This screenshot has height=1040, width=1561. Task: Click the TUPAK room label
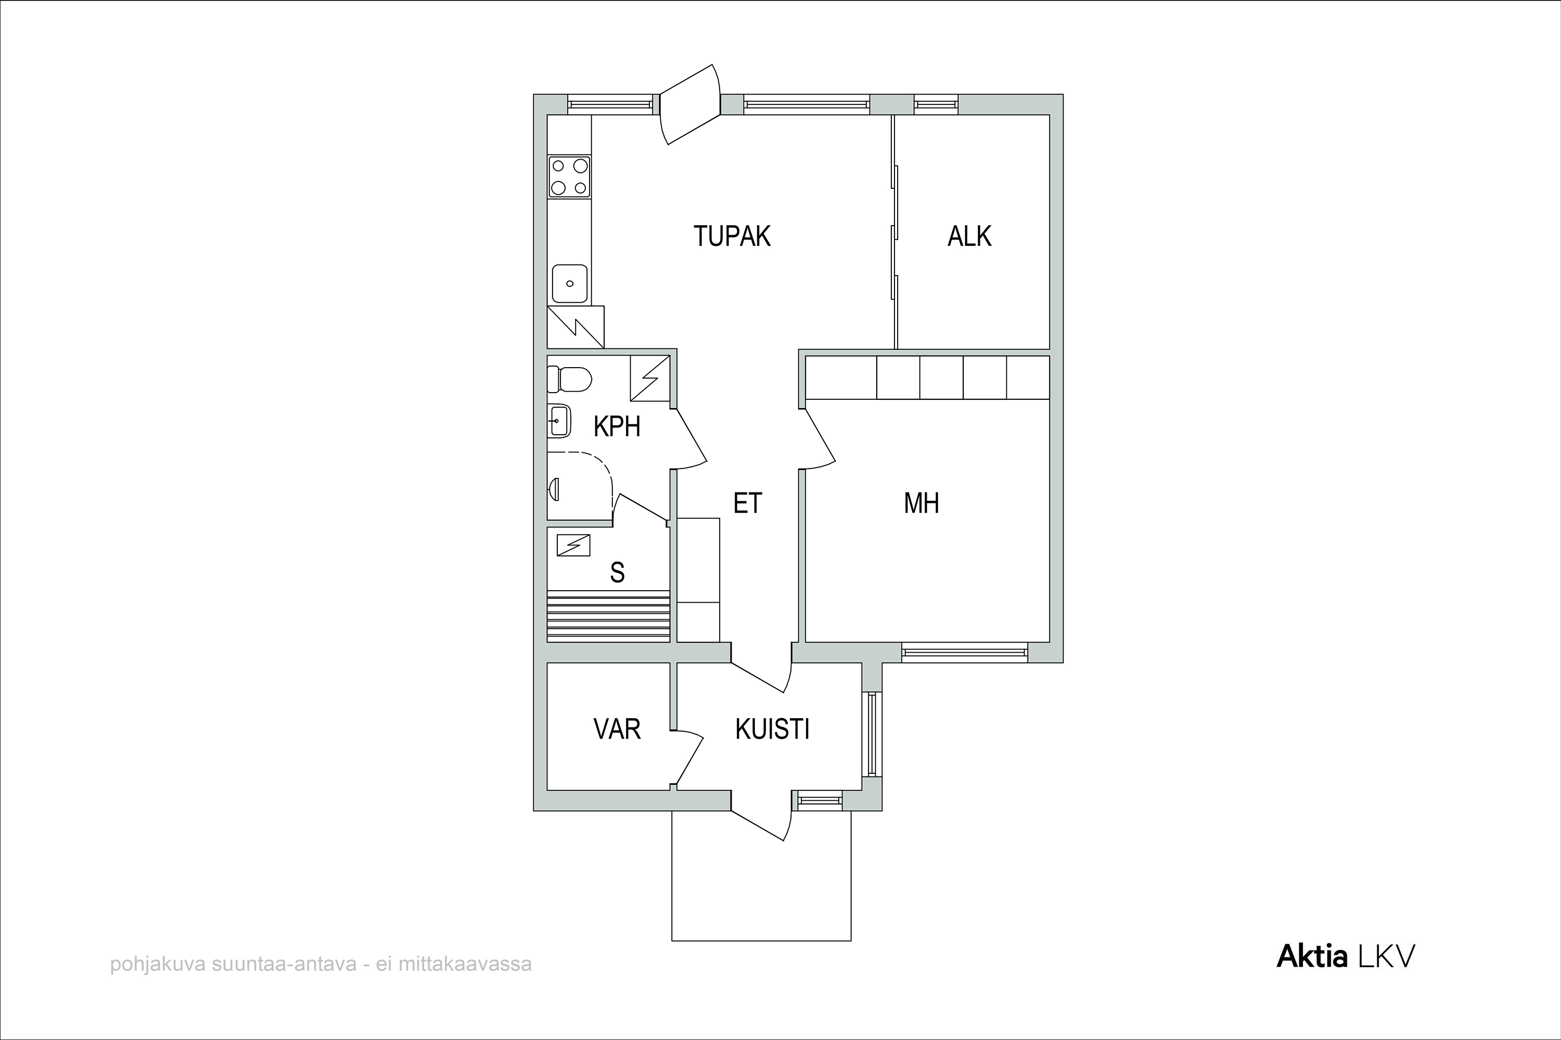pyautogui.click(x=732, y=236)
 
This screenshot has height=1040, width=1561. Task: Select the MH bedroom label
pyautogui.click(x=921, y=503)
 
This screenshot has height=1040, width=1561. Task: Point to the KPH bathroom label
pyautogui.click(x=617, y=426)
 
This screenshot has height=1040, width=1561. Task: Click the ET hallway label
pyautogui.click(x=748, y=503)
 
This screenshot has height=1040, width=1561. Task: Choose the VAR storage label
pyautogui.click(x=617, y=729)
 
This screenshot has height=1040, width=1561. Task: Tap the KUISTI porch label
pyautogui.click(x=773, y=729)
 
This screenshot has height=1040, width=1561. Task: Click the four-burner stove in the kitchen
pyautogui.click(x=569, y=176)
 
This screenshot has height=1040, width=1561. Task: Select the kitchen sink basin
pyautogui.click(x=569, y=283)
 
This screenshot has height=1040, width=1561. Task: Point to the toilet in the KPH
pyautogui.click(x=569, y=380)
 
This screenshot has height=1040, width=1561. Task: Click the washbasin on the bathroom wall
pyautogui.click(x=559, y=421)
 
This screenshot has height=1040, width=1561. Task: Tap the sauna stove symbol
pyautogui.click(x=573, y=545)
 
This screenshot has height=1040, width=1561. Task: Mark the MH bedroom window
pyautogui.click(x=964, y=653)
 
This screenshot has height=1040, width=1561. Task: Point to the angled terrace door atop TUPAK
pyautogui.click(x=690, y=104)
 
